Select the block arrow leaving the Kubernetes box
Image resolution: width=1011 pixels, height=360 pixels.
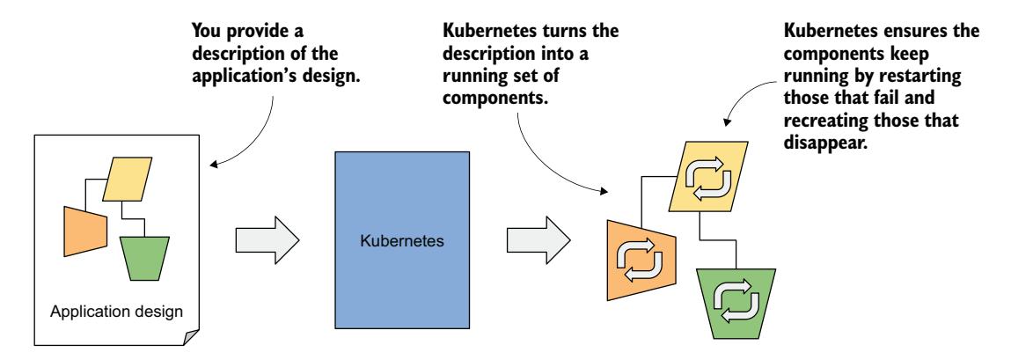[x=537, y=239]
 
